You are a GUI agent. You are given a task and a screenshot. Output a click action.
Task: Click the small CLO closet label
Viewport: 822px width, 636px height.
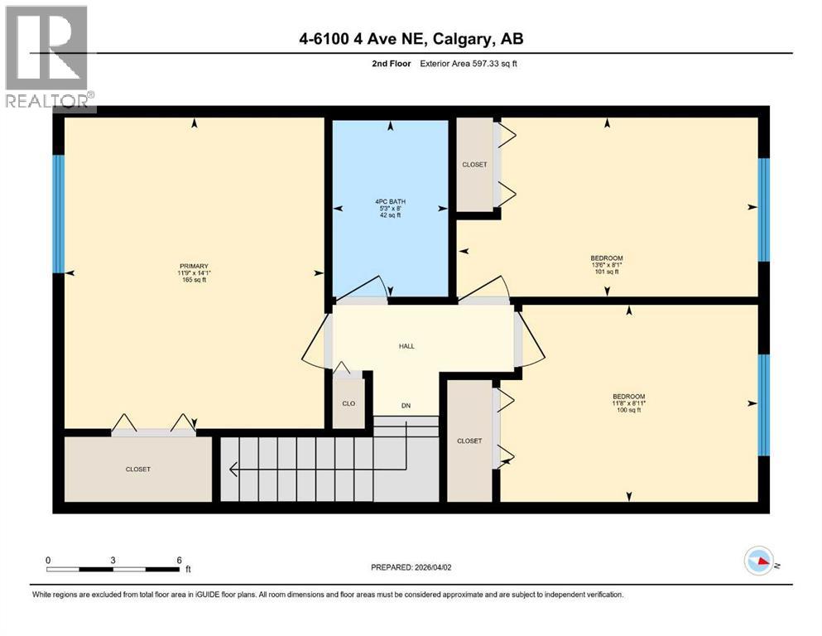[x=349, y=404]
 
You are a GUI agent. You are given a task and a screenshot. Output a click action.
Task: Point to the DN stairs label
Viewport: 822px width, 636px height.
[x=406, y=405]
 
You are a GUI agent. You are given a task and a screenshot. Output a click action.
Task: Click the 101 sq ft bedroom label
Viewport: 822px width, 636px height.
[x=606, y=264]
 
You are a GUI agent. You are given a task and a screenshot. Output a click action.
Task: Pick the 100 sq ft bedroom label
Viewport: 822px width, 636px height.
[x=628, y=403]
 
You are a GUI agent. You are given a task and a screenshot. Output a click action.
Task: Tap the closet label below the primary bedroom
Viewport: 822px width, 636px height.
[x=138, y=469]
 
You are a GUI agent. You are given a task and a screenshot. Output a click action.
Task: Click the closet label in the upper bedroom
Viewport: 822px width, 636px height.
[x=474, y=164]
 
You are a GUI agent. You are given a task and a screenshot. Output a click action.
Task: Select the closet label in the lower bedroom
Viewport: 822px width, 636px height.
[x=469, y=441]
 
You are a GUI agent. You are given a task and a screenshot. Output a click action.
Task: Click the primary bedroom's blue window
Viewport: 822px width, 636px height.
[x=59, y=214]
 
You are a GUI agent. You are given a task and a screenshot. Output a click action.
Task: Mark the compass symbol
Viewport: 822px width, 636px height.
[x=759, y=561]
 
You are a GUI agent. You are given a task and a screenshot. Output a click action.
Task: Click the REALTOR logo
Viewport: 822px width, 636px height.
[x=49, y=57]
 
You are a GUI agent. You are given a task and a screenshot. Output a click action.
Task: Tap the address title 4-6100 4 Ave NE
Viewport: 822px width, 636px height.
[x=411, y=38]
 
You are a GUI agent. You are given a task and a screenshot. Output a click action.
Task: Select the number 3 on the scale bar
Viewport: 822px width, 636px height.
[x=113, y=560]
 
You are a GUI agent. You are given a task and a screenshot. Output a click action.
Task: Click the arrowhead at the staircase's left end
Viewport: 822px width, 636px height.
[x=233, y=470]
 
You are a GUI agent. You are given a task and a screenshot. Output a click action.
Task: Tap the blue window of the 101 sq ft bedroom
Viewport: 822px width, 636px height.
[x=764, y=208]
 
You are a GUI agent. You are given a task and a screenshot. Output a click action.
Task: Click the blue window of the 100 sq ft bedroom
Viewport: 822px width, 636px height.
[x=764, y=405]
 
